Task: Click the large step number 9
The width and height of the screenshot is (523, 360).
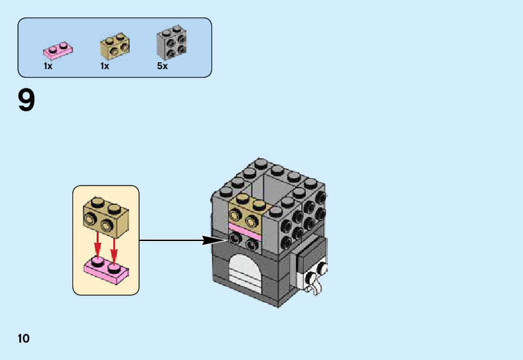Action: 26,101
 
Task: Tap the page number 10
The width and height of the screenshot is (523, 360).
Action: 24,338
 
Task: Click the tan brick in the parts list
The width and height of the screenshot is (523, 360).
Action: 115,45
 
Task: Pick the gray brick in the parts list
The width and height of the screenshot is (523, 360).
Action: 171,42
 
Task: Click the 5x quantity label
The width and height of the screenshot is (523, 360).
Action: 162,65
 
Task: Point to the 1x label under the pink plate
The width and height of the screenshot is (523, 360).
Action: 48,65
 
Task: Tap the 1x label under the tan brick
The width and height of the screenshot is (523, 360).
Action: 104,65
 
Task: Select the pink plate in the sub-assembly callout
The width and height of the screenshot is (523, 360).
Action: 106,269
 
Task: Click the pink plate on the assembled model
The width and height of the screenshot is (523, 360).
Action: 246,230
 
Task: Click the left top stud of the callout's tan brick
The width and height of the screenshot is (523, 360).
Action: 97,202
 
